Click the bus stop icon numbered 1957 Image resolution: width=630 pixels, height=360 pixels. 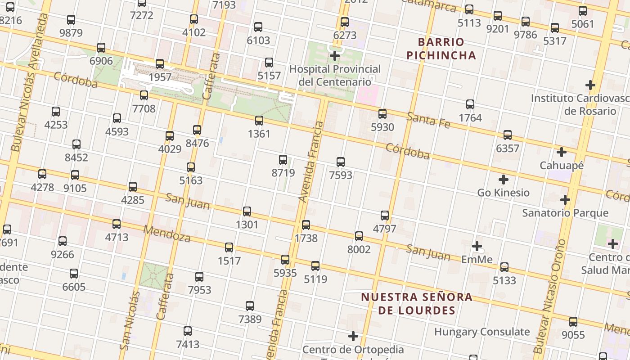click(160, 64)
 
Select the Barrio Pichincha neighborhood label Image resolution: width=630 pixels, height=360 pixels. click(441, 49)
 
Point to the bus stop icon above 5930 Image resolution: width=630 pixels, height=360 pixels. click(382, 114)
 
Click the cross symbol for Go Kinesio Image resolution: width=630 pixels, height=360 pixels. click(504, 180)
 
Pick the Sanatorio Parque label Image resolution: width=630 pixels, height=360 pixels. click(565, 213)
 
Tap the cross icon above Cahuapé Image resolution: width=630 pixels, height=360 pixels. click(562, 152)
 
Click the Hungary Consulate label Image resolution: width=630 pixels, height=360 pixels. click(482, 332)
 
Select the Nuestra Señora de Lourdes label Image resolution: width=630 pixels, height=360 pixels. click(417, 304)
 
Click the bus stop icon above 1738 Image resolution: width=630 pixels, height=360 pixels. click(306, 225)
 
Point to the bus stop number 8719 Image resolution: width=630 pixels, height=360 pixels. click(283, 173)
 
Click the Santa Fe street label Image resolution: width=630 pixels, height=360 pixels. click(428, 120)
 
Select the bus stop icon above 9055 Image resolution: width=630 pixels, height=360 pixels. click(573, 322)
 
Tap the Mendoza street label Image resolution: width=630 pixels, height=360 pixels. click(166, 233)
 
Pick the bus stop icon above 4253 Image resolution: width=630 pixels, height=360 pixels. click(56, 112)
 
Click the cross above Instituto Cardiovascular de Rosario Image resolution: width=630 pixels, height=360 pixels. click(590, 85)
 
